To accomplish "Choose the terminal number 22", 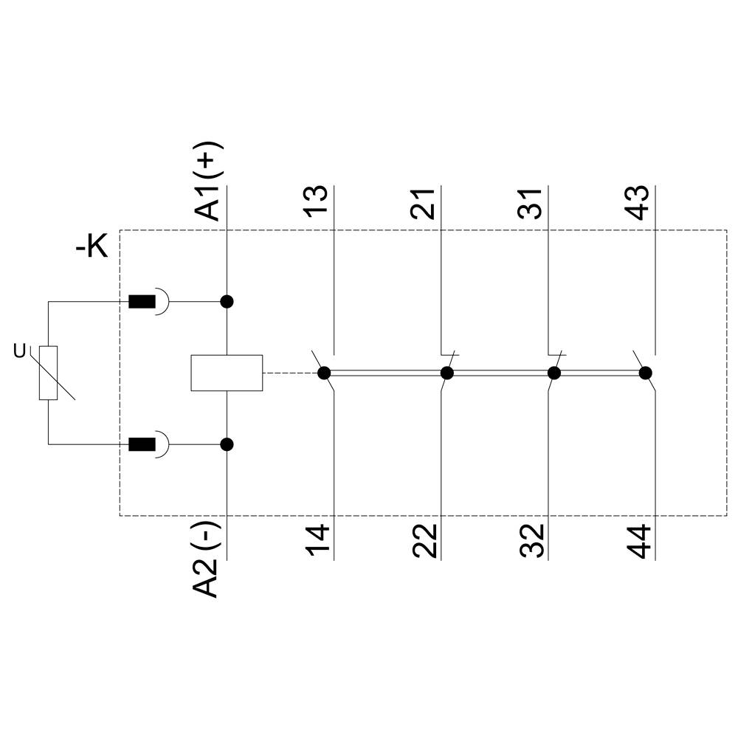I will point(424,541).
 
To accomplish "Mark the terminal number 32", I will point(531,541).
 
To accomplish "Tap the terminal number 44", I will point(637,541).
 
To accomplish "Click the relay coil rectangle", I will point(227,373).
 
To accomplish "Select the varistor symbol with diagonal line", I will point(49,373).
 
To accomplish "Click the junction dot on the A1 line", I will point(227,301).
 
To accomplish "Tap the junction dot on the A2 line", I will point(227,444).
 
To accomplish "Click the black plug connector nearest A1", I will point(142,301).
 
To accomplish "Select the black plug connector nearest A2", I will point(142,444).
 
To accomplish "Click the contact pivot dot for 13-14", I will point(324,373).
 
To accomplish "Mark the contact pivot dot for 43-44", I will point(646,373).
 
